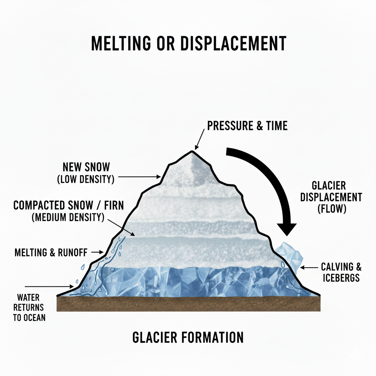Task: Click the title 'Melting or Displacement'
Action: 188,44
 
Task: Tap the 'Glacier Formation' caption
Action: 188,337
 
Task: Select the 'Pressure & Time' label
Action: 247,126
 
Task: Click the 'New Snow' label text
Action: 86,167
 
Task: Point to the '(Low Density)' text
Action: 86,180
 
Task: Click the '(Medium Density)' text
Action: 68,217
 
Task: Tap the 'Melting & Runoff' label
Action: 51,252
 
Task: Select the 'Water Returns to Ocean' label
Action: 29,307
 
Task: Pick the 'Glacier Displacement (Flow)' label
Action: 331,197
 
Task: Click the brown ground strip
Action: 189,304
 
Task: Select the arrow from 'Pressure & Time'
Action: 199,140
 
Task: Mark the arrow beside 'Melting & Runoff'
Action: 98,252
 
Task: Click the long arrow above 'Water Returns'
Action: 49,286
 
